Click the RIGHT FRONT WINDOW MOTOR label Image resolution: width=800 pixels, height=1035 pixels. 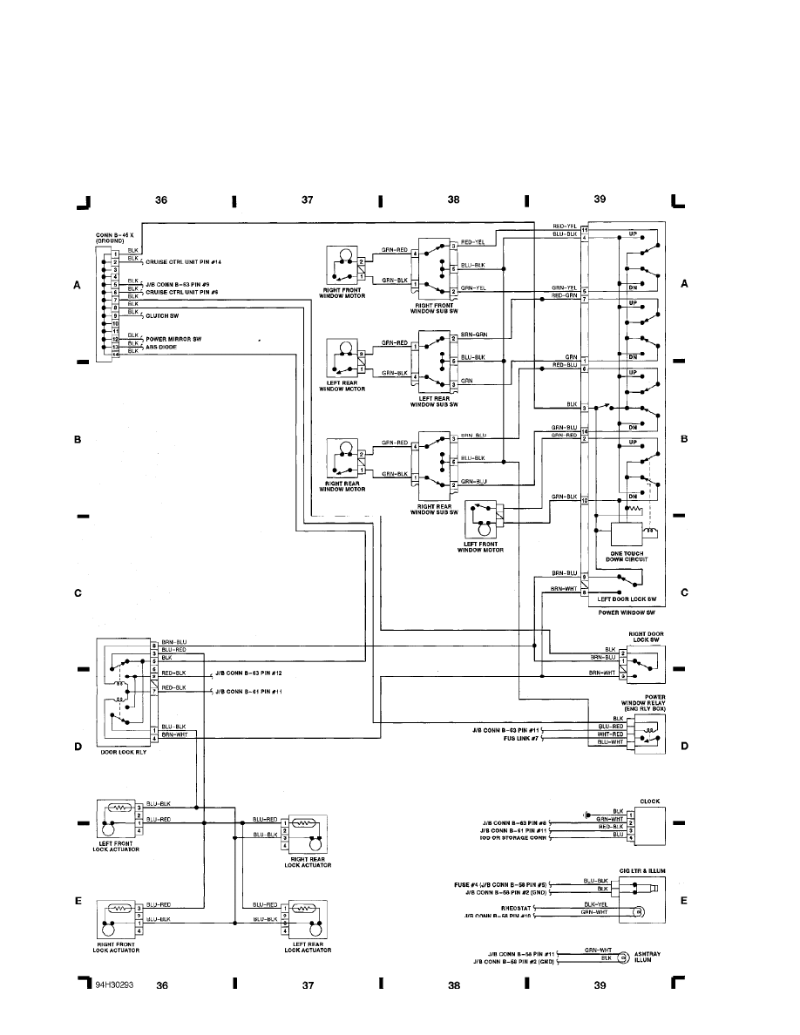pyautogui.click(x=343, y=294)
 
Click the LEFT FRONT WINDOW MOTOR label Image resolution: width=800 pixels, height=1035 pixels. pyautogui.click(x=481, y=547)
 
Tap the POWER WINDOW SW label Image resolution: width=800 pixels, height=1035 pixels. pyautogui.click(x=621, y=612)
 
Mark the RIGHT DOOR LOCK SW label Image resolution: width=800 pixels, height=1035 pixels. pyautogui.click(x=647, y=639)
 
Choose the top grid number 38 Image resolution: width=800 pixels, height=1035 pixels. pyautogui.click(x=453, y=200)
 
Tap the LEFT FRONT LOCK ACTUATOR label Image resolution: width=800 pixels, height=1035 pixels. pyautogui.click(x=115, y=847)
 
